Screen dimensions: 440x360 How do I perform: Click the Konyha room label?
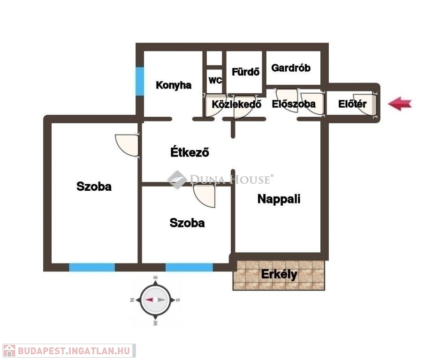click(174, 85)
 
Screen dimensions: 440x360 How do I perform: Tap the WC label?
click(215, 81)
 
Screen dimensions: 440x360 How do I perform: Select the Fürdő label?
click(245, 72)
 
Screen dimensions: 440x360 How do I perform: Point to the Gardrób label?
click(291, 68)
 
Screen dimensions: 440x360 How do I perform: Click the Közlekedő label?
click(236, 105)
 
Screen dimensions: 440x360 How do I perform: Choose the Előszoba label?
click(294, 104)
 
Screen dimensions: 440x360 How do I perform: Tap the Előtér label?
click(352, 104)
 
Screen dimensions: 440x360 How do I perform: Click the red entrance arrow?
click(400, 104)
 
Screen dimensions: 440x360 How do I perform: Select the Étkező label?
click(190, 152)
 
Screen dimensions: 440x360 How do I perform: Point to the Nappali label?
click(279, 199)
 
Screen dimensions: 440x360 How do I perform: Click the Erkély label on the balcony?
click(279, 275)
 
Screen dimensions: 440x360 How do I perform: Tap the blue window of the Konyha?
click(140, 81)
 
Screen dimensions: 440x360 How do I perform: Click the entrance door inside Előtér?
click(365, 105)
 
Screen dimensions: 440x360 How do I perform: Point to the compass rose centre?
click(155, 300)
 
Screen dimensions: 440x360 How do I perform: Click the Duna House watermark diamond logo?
click(177, 180)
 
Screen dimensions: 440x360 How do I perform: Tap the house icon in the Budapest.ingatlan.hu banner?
click(9, 351)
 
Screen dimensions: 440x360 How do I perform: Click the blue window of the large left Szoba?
click(92, 267)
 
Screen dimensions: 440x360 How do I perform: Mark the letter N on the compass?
click(132, 300)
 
